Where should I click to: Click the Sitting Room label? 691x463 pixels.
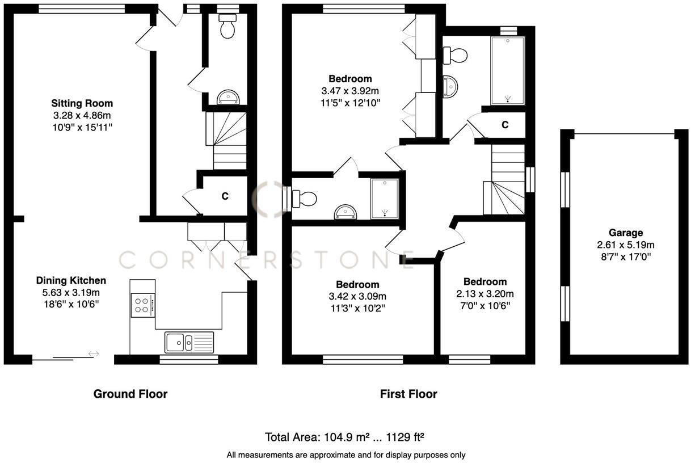82,103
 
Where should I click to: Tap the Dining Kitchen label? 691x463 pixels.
71,280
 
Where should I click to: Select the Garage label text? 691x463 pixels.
626,233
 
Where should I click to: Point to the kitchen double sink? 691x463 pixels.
189,342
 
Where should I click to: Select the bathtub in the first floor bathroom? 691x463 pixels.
507,71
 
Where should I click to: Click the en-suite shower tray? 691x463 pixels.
385,199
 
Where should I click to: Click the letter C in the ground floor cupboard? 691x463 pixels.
225,196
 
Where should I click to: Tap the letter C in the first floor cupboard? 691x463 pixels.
505,125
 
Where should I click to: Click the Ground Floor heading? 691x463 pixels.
130,394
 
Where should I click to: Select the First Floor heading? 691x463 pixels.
408,394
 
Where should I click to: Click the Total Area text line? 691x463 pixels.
345,437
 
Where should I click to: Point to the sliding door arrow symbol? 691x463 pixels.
94,354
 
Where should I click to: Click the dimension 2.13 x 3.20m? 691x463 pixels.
485,294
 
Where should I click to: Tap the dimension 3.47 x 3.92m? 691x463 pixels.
350,91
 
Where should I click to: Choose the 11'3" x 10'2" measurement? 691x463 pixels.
357,308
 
